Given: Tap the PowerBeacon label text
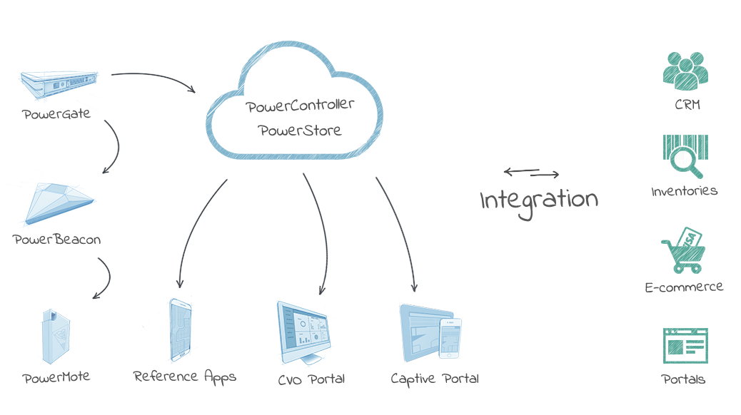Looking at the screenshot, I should pyautogui.click(x=57, y=240).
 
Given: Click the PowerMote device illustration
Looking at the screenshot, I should pyautogui.click(x=56, y=337).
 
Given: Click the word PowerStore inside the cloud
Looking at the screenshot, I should pyautogui.click(x=300, y=131).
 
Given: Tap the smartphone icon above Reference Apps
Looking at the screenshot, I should pyautogui.click(x=180, y=329).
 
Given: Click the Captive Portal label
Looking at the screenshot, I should pyautogui.click(x=435, y=379).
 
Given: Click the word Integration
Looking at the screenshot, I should pyautogui.click(x=539, y=200).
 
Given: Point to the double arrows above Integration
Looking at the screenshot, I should pyautogui.click(x=530, y=172).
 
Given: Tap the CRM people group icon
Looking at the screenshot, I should pyautogui.click(x=685, y=70).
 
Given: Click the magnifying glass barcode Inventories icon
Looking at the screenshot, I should pyautogui.click(x=685, y=156).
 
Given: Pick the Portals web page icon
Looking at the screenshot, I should pyautogui.click(x=685, y=347).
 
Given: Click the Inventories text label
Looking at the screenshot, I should pyautogui.click(x=684, y=191).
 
